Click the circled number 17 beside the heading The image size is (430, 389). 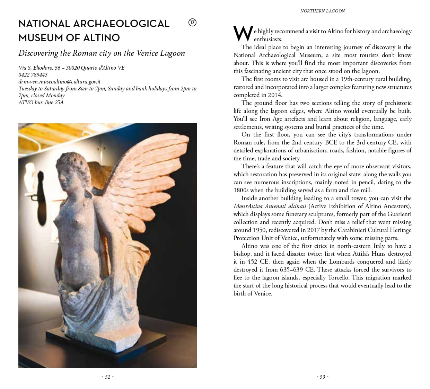(192, 23)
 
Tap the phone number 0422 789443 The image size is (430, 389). (33, 74)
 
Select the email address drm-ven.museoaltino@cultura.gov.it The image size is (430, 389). (60, 81)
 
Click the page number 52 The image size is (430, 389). (107, 377)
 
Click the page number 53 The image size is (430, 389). (322, 377)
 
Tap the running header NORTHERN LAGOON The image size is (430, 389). (322, 11)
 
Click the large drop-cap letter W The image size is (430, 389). (243, 34)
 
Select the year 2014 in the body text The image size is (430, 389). (275, 95)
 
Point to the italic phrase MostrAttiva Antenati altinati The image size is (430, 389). (270, 206)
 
